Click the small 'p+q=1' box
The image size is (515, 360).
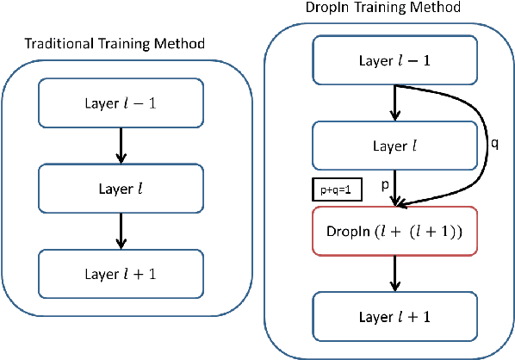click(337, 189)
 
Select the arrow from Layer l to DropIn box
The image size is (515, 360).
click(394, 187)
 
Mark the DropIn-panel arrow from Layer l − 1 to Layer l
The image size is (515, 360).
click(394, 102)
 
